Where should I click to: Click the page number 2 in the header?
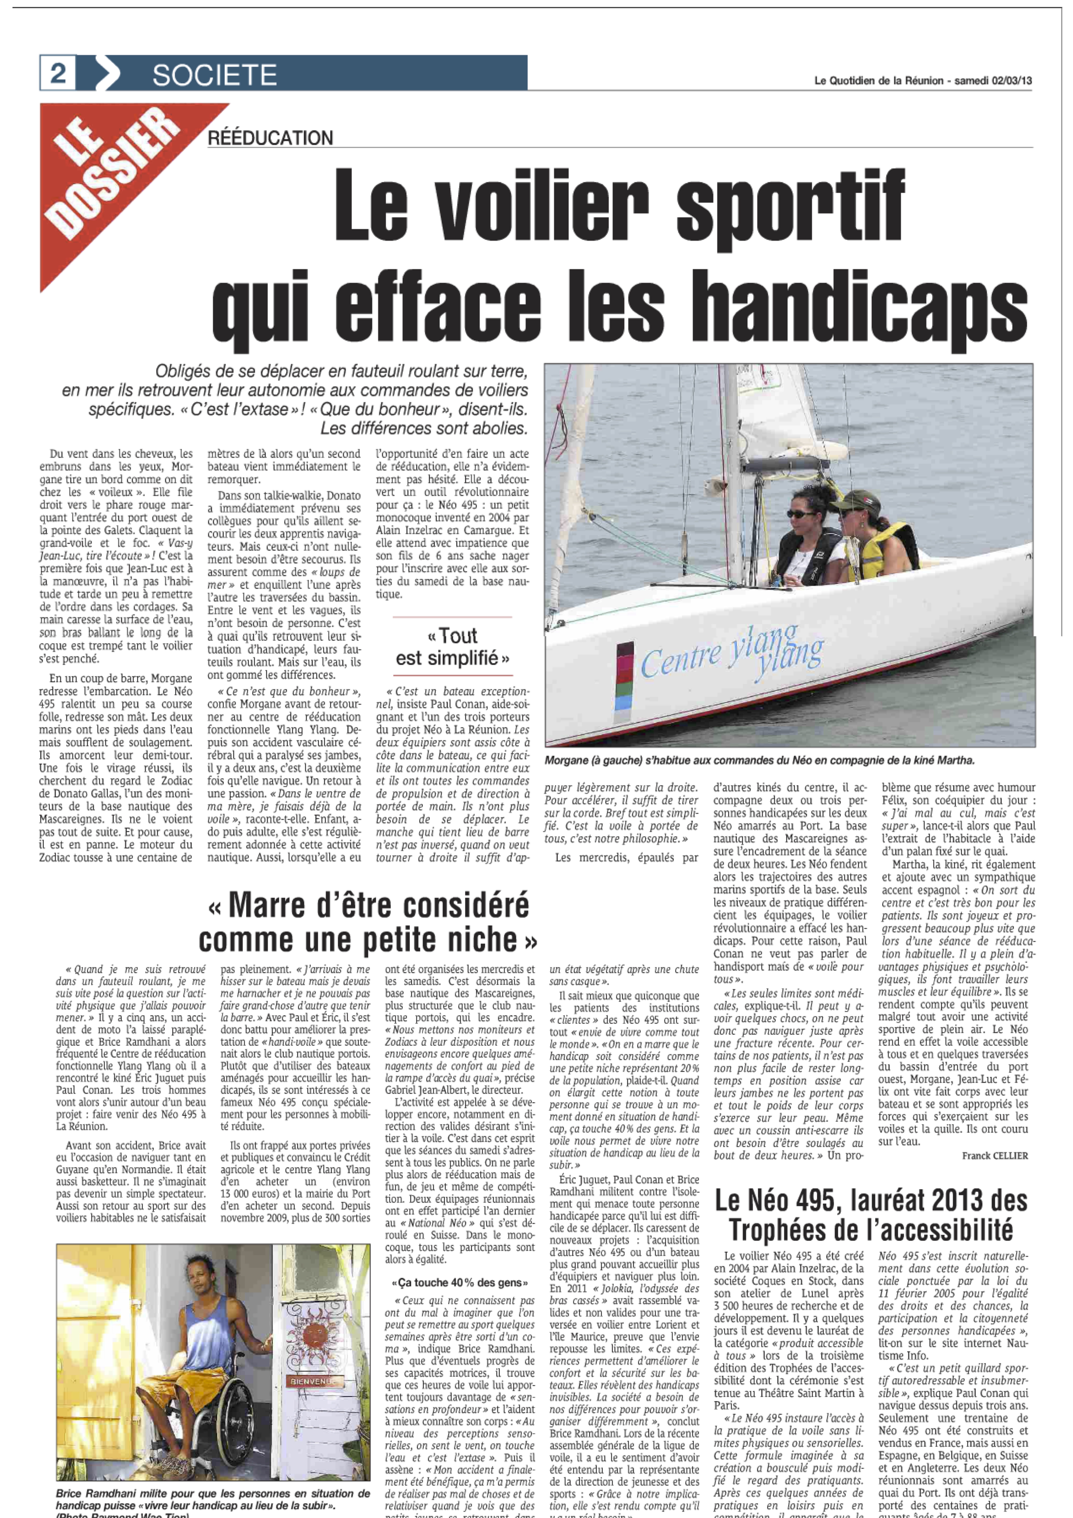click(58, 73)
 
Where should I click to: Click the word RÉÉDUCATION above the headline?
click(270, 138)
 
